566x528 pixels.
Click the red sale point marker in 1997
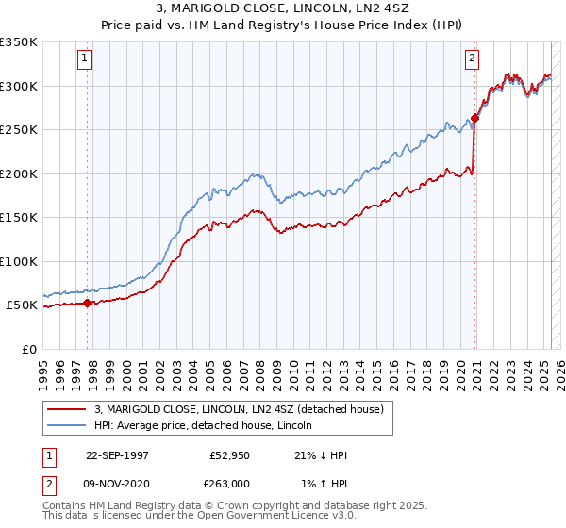[88, 303]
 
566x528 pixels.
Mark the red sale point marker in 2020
[474, 119]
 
